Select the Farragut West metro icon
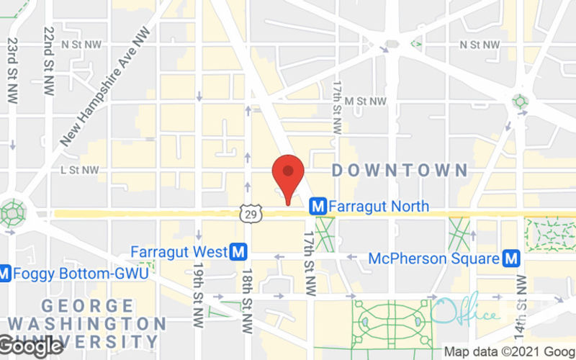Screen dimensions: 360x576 coord(239,252)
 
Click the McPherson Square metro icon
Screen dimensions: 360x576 coord(512,258)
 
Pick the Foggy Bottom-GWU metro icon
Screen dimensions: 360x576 coord(5,274)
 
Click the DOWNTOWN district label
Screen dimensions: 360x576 coord(399,171)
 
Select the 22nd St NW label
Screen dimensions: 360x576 coord(48,58)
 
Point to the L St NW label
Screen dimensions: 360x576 coord(79,171)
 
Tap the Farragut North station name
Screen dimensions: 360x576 coord(379,207)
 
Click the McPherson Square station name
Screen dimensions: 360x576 coord(433,258)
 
